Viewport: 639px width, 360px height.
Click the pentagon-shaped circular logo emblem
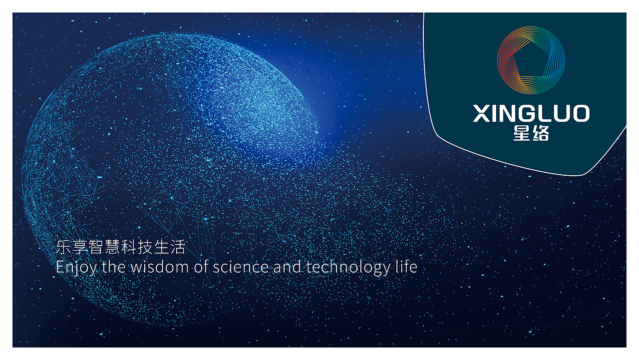tap(531, 60)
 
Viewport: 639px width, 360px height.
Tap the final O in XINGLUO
tap(580, 114)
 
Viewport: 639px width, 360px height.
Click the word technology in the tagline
tap(348, 267)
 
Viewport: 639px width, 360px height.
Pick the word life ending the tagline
tap(406, 267)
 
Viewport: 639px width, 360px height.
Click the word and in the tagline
tap(287, 267)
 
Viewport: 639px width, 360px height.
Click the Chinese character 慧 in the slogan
tap(112, 247)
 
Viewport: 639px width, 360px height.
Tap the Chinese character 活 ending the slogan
tap(178, 247)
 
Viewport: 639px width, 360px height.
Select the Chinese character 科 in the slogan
tap(129, 247)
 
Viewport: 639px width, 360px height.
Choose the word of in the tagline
tap(201, 267)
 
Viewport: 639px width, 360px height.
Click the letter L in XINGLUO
tap(547, 114)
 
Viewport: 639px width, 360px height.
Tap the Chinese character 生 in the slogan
tap(162, 247)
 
